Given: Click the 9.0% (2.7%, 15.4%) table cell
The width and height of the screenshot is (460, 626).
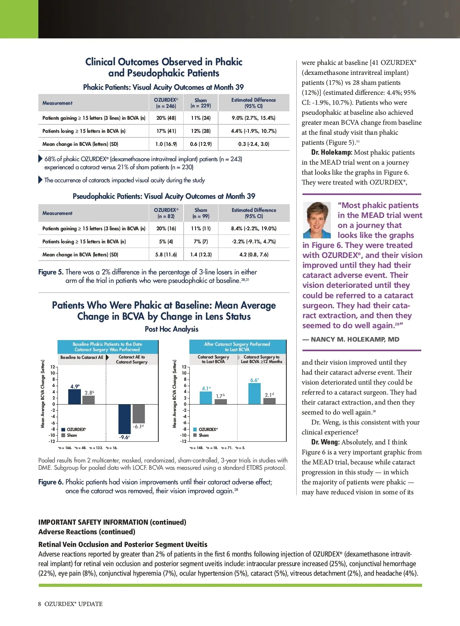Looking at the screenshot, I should point(253,118).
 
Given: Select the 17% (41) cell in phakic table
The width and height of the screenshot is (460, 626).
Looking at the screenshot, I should point(166,131).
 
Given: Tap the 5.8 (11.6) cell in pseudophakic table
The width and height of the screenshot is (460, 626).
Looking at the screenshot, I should point(166,254).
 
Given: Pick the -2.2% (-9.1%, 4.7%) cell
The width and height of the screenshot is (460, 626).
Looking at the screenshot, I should point(253,241).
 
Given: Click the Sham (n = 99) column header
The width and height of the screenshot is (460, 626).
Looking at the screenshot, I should point(201,213).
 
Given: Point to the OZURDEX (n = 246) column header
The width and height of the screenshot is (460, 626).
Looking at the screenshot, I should point(166,103).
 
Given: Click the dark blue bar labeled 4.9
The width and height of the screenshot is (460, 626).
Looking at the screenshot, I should point(74,397).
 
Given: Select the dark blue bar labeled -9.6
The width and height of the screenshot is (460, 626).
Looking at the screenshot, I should point(125,419).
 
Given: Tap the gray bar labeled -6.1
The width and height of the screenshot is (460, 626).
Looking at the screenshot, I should point(138,413).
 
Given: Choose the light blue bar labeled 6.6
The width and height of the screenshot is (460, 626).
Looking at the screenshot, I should point(255,394).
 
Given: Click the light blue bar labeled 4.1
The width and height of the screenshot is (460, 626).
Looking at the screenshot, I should point(206,398).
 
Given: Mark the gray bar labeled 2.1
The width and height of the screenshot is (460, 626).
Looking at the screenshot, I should point(269,401).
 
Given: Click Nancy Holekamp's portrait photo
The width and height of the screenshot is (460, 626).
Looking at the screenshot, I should point(317,220).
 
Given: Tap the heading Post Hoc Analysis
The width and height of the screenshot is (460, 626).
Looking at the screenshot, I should point(171,329).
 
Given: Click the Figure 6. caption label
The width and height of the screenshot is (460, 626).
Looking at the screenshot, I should point(51,482).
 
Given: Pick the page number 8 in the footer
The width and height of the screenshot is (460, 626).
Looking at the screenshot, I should point(39,604).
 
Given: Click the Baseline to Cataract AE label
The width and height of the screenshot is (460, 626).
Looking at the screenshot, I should point(82,357).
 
